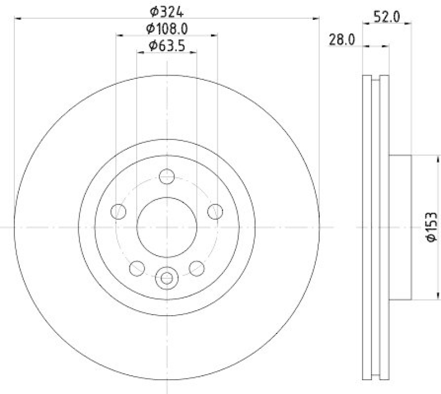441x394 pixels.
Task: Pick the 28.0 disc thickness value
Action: click(x=341, y=39)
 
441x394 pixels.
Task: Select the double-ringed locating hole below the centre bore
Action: click(x=166, y=278)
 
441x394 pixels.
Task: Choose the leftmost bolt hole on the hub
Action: click(x=119, y=212)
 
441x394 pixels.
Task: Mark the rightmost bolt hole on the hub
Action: click(x=214, y=212)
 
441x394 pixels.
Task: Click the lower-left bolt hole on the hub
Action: click(x=137, y=268)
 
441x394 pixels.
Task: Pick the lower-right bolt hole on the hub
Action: click(x=196, y=268)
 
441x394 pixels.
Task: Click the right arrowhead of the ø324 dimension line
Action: click(x=316, y=19)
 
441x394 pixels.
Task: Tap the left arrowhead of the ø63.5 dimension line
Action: click(x=139, y=52)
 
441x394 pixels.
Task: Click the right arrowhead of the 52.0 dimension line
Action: click(x=409, y=23)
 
